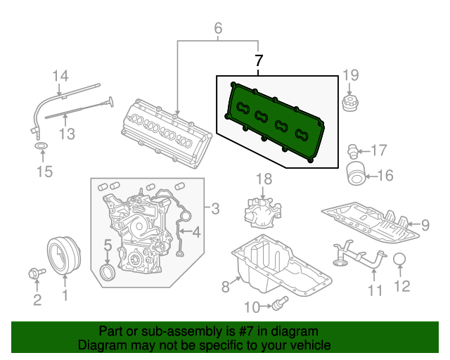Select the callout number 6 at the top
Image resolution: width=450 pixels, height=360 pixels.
[x=218, y=29]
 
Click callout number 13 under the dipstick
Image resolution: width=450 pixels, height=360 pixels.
[x=66, y=133]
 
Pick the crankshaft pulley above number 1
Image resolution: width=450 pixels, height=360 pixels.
[x=64, y=254]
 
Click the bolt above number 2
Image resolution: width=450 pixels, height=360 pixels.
[x=34, y=272]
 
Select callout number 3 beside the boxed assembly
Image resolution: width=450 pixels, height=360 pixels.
[x=215, y=208]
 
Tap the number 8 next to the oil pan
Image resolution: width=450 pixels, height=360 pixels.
[x=226, y=286]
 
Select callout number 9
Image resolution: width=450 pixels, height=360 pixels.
[x=425, y=225]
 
